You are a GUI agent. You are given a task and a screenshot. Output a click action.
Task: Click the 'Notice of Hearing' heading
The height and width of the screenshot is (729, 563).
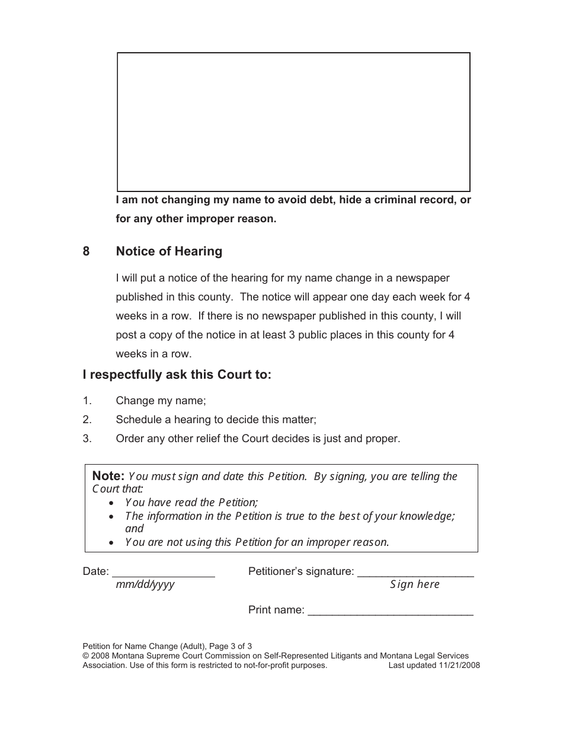[169, 251]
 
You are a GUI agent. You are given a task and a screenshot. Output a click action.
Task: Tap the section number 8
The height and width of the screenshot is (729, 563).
[87, 251]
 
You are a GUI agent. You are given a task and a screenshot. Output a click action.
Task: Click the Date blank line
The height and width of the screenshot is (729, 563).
[163, 573]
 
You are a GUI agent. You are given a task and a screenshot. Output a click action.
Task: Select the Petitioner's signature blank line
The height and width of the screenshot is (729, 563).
[415, 573]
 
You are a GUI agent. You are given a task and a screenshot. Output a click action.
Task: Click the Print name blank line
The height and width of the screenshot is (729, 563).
[391, 611]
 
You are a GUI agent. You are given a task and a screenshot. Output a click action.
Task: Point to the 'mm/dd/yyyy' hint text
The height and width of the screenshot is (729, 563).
[145, 585]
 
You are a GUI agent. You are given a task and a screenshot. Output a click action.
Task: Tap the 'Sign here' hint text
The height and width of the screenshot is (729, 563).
[415, 585]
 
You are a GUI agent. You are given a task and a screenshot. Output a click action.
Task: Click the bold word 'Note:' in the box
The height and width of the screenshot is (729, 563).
[108, 476]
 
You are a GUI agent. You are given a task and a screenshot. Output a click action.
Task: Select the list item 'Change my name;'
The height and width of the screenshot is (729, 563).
[161, 401]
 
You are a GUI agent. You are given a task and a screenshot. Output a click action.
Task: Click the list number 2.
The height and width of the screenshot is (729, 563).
[87, 420]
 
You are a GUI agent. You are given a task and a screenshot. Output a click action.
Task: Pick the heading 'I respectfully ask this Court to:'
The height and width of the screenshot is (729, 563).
[177, 375]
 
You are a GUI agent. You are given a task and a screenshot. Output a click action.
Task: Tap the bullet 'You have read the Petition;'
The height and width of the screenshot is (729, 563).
[191, 503]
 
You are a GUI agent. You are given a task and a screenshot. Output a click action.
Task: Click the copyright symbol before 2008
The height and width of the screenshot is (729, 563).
[85, 656]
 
